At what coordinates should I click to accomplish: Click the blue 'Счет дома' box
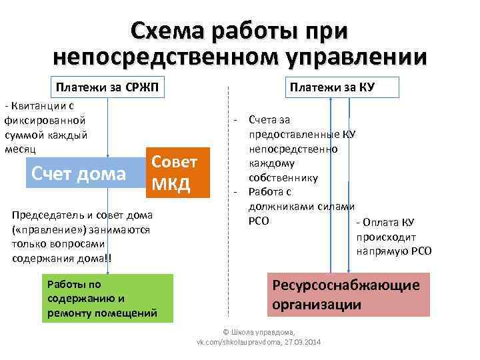click(79, 174)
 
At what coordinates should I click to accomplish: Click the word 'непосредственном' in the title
click(165, 56)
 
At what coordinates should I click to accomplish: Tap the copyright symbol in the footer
click(225, 331)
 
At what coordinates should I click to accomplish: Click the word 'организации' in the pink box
click(317, 305)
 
